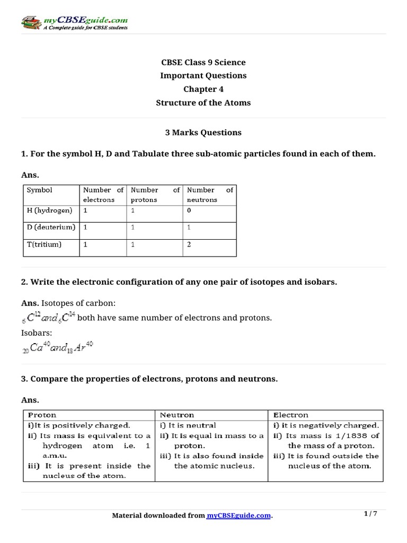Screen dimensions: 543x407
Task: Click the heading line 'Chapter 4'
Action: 203,89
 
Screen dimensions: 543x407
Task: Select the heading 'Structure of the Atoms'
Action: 203,102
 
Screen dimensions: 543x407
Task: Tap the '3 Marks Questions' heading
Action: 203,133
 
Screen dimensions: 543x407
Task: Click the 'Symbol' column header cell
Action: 40,190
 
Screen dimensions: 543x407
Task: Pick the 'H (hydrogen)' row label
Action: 49,211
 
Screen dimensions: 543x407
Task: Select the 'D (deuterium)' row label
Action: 51,227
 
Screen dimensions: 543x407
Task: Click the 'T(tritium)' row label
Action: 44,244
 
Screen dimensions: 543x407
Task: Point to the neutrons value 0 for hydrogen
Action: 189,211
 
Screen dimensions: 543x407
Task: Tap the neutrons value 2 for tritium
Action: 189,244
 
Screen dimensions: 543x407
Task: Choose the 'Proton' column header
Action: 42,415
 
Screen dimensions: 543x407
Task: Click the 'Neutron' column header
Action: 177,415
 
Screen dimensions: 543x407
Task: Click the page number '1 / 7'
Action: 370,514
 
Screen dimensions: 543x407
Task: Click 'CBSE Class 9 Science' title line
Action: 203,63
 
